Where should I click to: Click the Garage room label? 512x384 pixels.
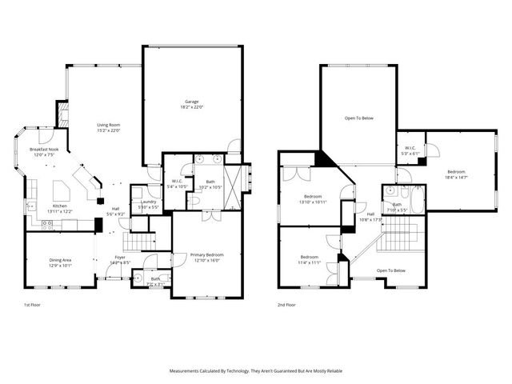[192, 102]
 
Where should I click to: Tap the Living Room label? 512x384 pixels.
[109, 125]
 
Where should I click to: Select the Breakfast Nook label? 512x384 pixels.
[45, 150]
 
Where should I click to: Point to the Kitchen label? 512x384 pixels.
[60, 206]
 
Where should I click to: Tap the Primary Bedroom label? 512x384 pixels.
[206, 254]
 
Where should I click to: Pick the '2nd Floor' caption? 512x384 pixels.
[287, 305]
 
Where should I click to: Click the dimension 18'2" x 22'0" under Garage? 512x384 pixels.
[192, 107]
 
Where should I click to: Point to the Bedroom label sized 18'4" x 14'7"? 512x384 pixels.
[456, 172]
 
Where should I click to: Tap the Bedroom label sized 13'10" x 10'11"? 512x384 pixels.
[313, 196]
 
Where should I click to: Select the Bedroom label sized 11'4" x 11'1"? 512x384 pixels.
[309, 257]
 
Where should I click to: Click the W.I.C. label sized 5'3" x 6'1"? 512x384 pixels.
[410, 148]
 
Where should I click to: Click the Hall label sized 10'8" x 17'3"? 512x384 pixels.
[370, 214]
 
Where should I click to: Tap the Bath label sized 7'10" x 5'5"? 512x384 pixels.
[397, 205]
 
